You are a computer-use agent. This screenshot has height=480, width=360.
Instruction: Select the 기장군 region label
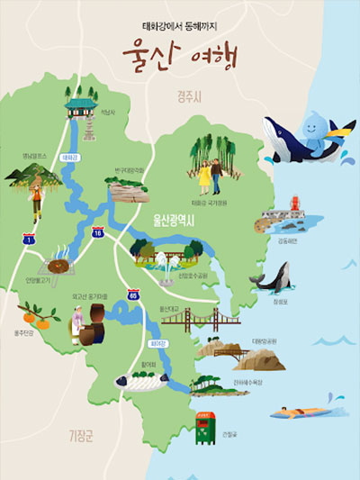point(82,437)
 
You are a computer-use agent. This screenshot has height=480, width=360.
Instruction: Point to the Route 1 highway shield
point(30,240)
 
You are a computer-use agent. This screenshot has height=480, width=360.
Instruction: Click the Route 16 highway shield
point(98,233)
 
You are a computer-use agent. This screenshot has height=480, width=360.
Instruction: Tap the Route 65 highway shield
point(133,294)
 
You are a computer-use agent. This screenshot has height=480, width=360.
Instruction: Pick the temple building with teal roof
point(78,106)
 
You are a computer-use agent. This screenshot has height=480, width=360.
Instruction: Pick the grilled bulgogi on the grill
point(59,266)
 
